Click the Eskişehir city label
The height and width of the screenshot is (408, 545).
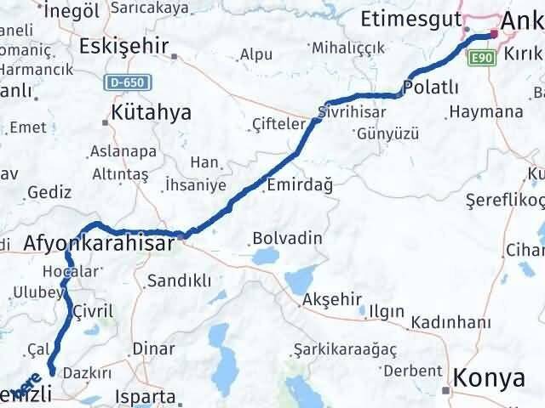(125, 45)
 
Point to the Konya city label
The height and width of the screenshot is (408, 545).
(485, 377)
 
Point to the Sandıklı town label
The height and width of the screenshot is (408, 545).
(179, 280)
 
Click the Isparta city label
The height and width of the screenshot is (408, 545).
(148, 396)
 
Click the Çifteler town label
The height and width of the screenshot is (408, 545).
(278, 124)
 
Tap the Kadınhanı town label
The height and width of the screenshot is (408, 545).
(450, 322)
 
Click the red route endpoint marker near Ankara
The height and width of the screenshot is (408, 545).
(493, 34)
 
